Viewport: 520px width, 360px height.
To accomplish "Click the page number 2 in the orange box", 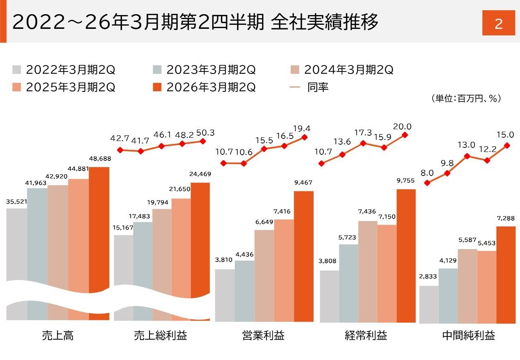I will click(x=498, y=24).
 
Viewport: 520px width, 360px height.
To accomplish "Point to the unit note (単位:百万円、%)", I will click(x=466, y=99).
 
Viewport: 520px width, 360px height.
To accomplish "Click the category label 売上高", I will click(x=57, y=336).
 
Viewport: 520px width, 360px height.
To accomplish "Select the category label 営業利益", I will click(x=263, y=336).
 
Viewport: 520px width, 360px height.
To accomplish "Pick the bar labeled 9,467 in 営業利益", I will click(x=303, y=256).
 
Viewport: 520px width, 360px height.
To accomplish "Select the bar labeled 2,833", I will click(x=429, y=305).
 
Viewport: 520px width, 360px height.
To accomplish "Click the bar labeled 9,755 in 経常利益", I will click(x=406, y=256).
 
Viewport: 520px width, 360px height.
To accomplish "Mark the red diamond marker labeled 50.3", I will click(x=203, y=141).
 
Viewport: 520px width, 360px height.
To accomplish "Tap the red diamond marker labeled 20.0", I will click(x=405, y=134).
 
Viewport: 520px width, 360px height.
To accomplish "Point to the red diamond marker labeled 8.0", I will click(x=427, y=183).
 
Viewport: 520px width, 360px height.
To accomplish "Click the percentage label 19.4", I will click(x=301, y=128).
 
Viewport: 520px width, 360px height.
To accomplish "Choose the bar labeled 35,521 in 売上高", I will click(x=17, y=244).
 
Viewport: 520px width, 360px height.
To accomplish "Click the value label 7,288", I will click(x=506, y=219).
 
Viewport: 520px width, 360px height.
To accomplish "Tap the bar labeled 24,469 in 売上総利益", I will click(x=200, y=236).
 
